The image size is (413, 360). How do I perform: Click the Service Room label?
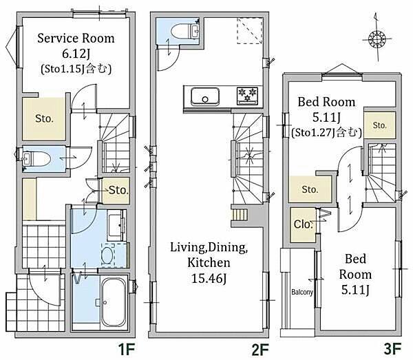(76, 39)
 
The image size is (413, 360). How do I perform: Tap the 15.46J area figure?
(209, 278)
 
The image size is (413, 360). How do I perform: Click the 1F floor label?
(127, 350)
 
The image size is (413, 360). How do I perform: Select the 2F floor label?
(260, 350)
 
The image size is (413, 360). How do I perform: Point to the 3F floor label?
(392, 350)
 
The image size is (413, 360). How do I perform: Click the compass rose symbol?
(377, 39)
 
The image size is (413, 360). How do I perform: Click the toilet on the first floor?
(36, 159)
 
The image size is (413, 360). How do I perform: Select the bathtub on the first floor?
(114, 301)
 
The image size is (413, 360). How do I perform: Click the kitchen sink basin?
(205, 96)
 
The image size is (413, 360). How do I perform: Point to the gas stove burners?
(247, 96)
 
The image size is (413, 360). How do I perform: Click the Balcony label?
(302, 292)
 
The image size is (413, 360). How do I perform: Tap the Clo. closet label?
(303, 224)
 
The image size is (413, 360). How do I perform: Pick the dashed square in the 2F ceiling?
(250, 30)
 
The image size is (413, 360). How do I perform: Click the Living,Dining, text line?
(209, 247)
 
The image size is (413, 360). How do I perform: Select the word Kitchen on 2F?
(209, 262)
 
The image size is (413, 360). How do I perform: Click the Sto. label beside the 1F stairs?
(118, 190)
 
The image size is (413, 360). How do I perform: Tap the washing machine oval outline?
(107, 255)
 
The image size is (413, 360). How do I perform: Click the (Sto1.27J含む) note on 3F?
(326, 132)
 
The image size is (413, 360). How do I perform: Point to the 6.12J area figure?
(76, 54)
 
